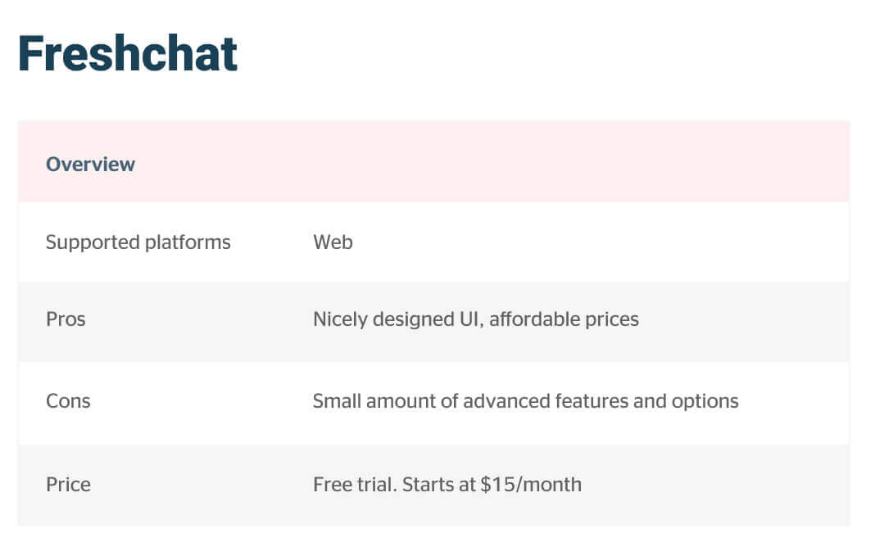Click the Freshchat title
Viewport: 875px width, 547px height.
128,53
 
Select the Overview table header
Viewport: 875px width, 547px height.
90,165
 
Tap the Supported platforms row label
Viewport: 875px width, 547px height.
138,242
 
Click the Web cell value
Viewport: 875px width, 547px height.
333,242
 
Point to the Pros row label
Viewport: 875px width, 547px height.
66,319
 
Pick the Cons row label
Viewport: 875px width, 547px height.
68,401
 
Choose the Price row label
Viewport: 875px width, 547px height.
68,485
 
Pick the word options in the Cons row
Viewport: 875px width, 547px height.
705,402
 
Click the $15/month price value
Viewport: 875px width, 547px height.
531,485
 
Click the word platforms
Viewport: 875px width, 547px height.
188,243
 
